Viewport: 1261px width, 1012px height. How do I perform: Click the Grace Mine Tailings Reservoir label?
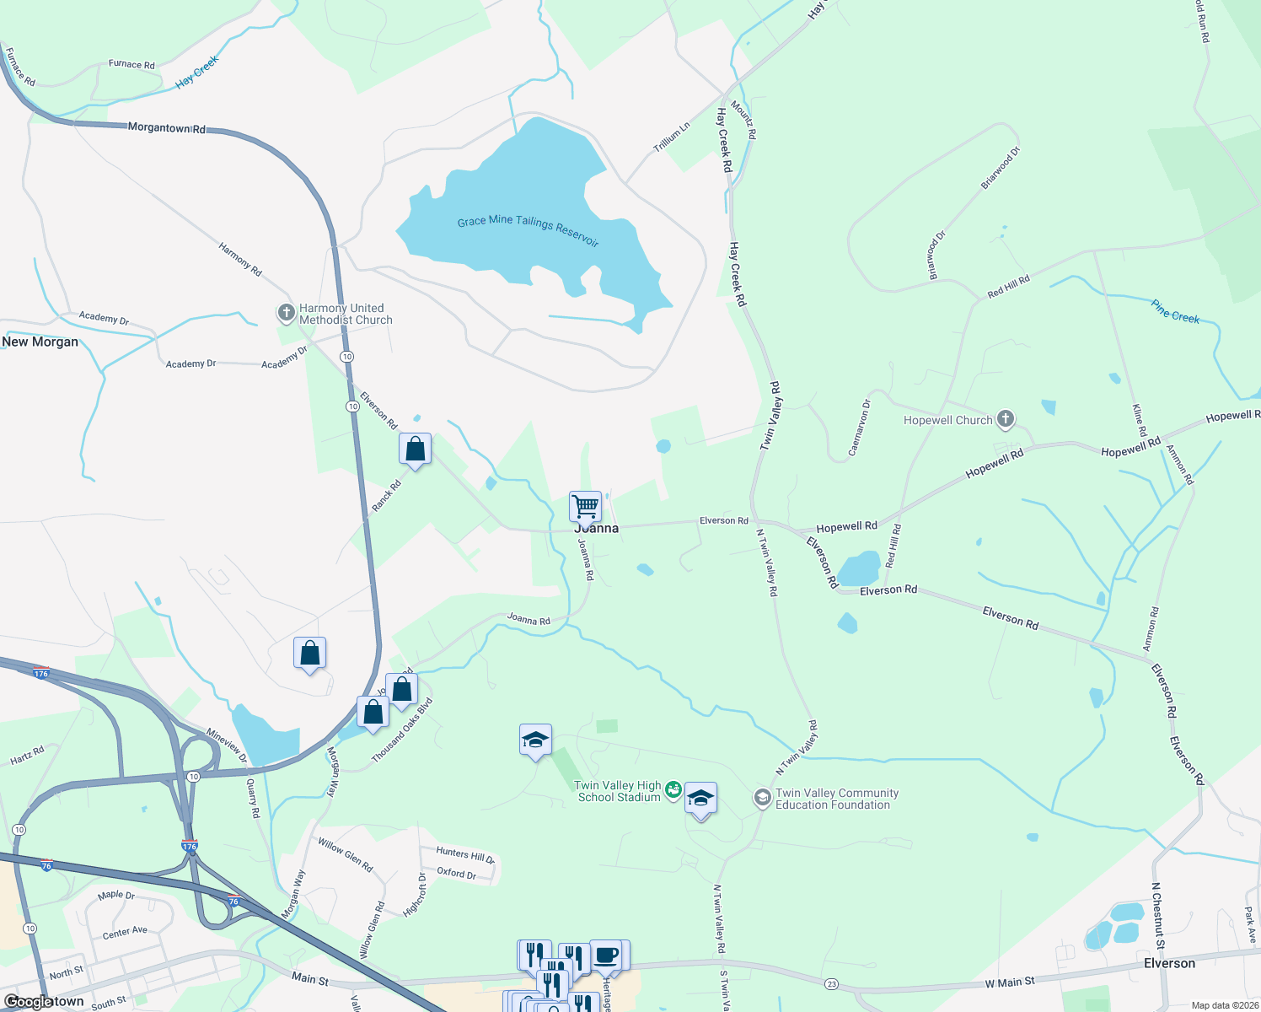click(528, 229)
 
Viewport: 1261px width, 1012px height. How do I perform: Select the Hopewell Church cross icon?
click(1005, 418)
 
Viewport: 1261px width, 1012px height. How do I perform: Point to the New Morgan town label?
click(40, 342)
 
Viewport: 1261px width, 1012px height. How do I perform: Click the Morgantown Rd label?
click(166, 128)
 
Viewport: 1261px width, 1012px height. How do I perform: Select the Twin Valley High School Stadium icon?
click(673, 790)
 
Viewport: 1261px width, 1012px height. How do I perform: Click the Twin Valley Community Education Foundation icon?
click(762, 798)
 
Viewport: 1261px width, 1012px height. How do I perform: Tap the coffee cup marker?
click(606, 956)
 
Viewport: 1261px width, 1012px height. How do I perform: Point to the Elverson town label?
click(1169, 963)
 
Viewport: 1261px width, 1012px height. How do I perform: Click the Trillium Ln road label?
click(672, 137)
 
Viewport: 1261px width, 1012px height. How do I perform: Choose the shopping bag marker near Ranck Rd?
click(415, 449)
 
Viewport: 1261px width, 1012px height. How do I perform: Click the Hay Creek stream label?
click(196, 73)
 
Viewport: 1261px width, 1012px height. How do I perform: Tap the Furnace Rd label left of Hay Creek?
click(131, 64)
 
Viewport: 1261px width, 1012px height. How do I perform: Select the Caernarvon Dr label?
click(859, 427)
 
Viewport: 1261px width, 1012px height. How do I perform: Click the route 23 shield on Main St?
click(832, 984)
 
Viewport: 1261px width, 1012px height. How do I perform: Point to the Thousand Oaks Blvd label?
click(402, 731)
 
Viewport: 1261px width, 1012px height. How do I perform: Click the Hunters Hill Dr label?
click(465, 855)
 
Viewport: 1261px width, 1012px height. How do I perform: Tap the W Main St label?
click(1009, 982)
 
